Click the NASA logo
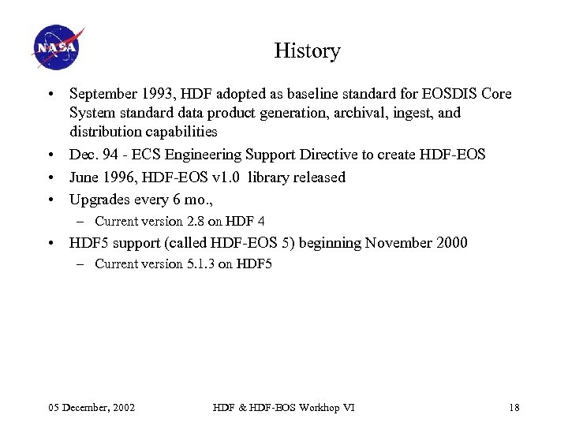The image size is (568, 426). point(58,47)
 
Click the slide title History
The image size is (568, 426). point(307,51)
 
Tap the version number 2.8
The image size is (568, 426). point(194,222)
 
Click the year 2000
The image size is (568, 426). point(450,243)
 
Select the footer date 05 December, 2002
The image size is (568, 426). point(92,407)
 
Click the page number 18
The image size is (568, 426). point(514,407)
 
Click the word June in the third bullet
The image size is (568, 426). point(84,177)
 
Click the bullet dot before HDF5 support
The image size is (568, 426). point(50,243)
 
